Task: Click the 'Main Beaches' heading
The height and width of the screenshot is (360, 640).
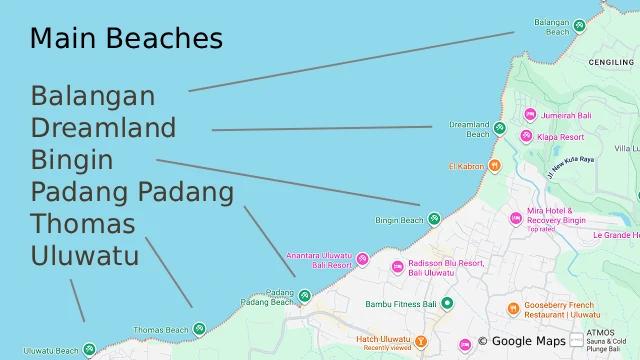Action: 126,39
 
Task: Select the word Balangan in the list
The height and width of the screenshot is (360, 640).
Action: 93,96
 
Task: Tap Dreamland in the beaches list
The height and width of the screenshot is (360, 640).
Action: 103,128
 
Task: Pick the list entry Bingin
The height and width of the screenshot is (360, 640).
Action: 71,160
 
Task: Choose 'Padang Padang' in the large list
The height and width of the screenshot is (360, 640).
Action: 132,191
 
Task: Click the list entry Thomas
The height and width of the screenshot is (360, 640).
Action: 83,223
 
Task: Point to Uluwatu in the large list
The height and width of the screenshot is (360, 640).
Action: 84,255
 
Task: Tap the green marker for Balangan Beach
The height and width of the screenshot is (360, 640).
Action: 579,26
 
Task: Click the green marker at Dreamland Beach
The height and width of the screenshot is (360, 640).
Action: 500,129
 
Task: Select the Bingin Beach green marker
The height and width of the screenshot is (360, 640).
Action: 434,219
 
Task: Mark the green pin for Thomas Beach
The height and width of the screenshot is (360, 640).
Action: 199,329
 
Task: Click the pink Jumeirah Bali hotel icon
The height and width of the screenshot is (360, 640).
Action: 531,115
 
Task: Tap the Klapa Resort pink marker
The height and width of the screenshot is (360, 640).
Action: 525,135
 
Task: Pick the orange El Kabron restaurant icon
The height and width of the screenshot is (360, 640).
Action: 494,166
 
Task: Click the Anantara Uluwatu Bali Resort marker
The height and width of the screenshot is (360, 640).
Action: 363,259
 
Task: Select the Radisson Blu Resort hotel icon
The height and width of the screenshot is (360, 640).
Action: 397,267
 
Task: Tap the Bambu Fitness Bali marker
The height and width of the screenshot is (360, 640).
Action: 447,303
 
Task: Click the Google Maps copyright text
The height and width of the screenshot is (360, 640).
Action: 521,341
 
